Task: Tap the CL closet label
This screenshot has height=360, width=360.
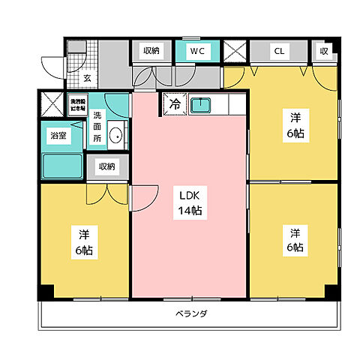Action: point(279,51)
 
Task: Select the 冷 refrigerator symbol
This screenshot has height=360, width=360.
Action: point(173,104)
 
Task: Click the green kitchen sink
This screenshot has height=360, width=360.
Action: point(200,104)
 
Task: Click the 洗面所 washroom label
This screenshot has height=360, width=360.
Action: point(98,127)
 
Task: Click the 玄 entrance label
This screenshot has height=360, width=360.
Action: point(88,76)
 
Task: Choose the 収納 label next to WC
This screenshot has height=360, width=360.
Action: point(151,51)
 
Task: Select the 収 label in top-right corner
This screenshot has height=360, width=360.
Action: point(324,51)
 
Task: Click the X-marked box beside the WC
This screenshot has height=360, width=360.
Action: point(235,52)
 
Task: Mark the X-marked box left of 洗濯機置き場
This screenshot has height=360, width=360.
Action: point(52,103)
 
